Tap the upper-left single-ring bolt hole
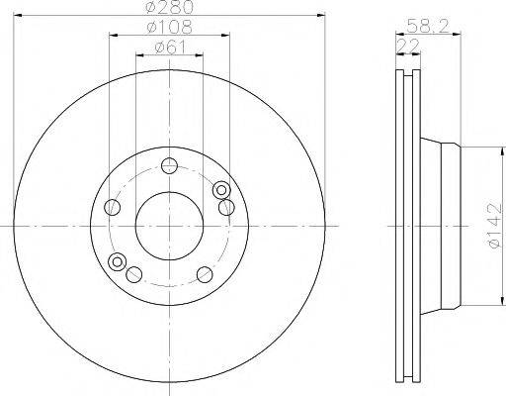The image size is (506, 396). (x=113, y=208)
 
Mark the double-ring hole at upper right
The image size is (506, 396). (x=221, y=190)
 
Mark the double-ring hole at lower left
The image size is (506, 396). (x=120, y=262)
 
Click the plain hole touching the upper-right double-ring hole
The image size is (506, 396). (x=226, y=206)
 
